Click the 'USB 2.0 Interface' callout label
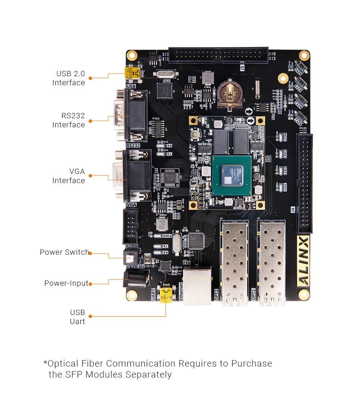coord(69,78)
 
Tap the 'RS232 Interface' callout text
coord(69,120)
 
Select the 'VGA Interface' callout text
coord(69,176)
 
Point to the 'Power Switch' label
coord(64,252)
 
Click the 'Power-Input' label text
coord(66,283)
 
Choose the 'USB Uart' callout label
coord(77,317)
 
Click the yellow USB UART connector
coord(166,295)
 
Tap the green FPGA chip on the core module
coord(232,176)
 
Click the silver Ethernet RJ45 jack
coord(197,285)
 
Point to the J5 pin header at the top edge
coord(218,55)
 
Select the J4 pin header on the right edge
coord(305,184)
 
